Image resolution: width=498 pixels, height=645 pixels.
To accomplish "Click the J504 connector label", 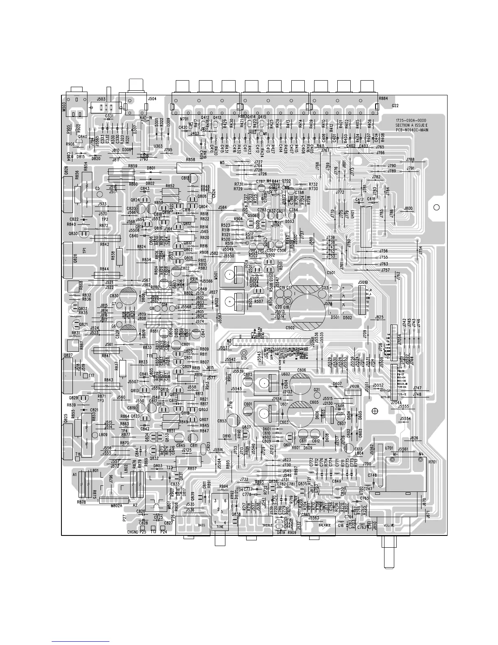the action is [x=152, y=99].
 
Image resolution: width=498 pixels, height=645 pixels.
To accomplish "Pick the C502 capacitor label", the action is [x=290, y=327].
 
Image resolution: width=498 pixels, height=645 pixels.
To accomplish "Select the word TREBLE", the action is [x=267, y=525].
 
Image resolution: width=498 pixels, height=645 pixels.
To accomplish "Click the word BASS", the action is [x=202, y=525].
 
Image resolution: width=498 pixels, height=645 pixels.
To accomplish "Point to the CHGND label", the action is [x=133, y=532].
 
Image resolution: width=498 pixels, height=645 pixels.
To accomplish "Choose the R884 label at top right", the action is [x=383, y=98].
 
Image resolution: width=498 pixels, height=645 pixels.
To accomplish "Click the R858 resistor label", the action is [x=190, y=160].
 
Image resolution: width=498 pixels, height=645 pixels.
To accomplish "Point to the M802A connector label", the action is [x=118, y=506].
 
